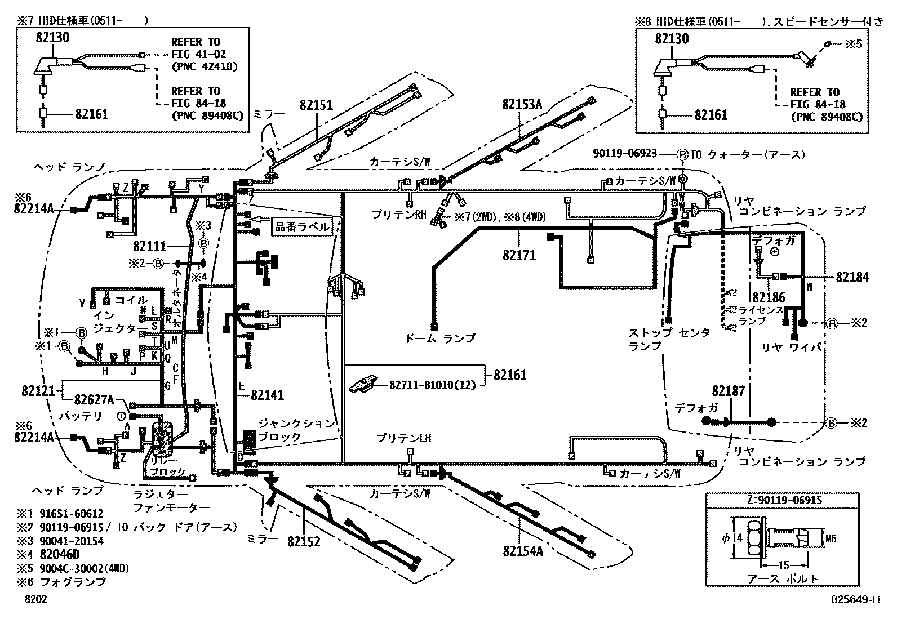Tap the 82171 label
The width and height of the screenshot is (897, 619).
point(519,256)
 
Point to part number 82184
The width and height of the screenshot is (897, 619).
point(852,277)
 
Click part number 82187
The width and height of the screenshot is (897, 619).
point(728,390)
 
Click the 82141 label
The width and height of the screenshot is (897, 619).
point(268,395)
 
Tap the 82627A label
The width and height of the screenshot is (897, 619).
point(94,400)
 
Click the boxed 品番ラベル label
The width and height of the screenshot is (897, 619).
point(301,228)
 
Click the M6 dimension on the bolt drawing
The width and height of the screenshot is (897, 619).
point(831,539)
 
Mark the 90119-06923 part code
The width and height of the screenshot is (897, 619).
point(625,153)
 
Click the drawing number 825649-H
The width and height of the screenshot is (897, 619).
point(855,600)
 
